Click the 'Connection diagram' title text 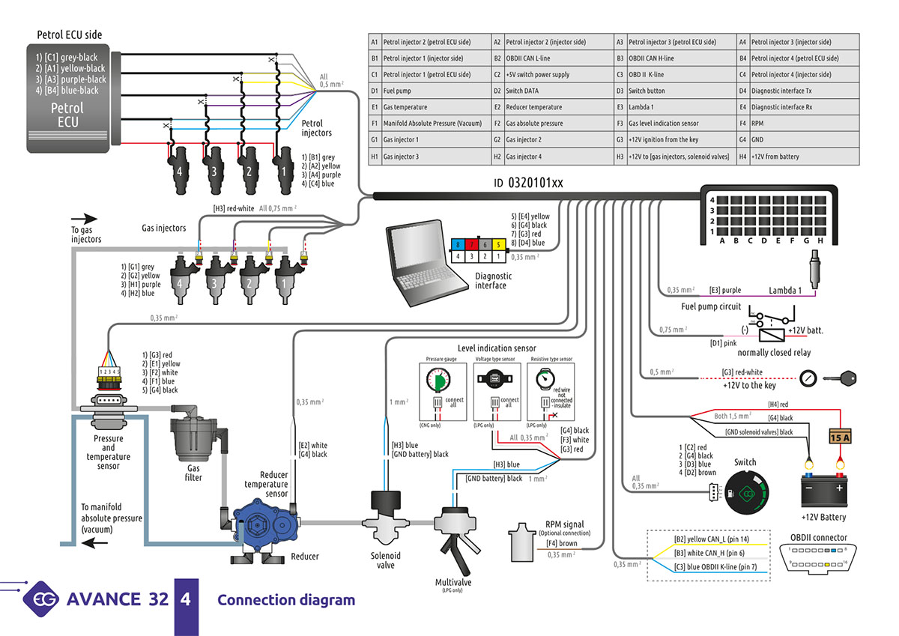(x=286, y=600)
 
